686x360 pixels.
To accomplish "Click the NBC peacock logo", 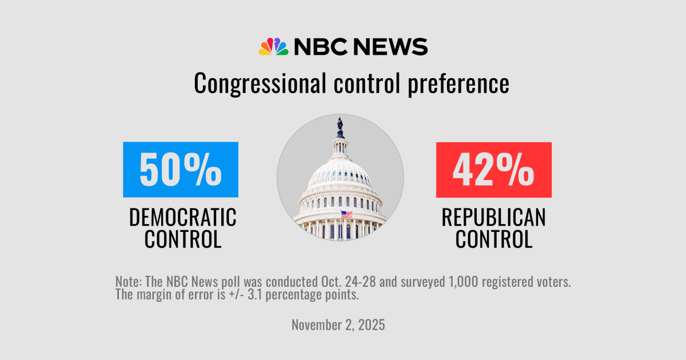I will point(273,46).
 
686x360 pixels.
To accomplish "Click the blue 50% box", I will point(181,170).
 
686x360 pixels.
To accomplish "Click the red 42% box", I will point(493,170).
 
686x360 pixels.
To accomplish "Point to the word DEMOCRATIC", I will point(182,217).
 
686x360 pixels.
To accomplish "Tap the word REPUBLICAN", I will point(493,217).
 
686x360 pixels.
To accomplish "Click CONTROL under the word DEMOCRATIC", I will point(182,239).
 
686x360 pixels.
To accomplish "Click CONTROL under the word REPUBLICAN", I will point(493,239).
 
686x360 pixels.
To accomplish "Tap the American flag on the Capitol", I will point(346,214).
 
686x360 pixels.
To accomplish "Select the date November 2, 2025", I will point(338,325).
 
